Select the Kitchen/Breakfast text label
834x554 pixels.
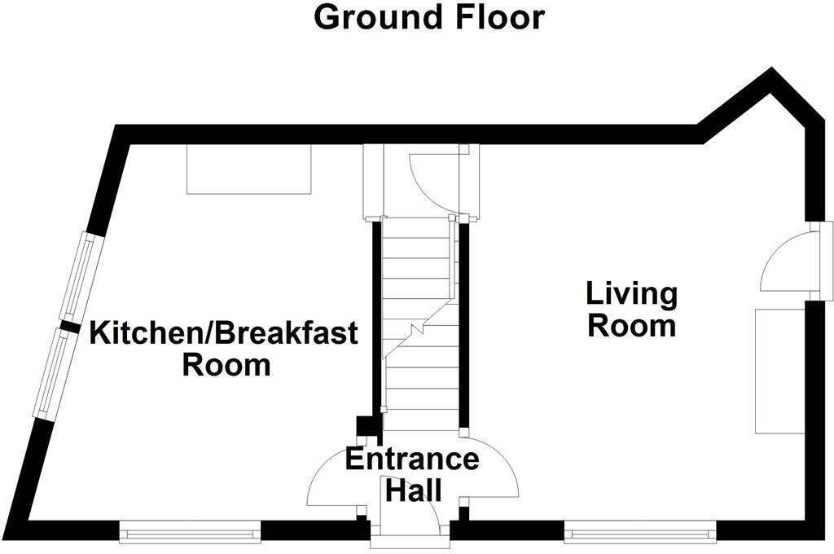pos(223,333)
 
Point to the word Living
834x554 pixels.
pos(632,293)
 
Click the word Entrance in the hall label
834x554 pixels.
pos(412,459)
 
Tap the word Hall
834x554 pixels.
pos(413,491)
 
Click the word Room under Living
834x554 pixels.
pos(632,326)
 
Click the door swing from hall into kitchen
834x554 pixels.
pos(334,481)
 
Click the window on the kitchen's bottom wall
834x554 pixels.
pos(189,534)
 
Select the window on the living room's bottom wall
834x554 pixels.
pos(640,534)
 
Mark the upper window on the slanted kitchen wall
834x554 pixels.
pos(80,276)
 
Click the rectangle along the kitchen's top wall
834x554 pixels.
pos(249,169)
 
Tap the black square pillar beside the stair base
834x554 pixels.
pos(366,426)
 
